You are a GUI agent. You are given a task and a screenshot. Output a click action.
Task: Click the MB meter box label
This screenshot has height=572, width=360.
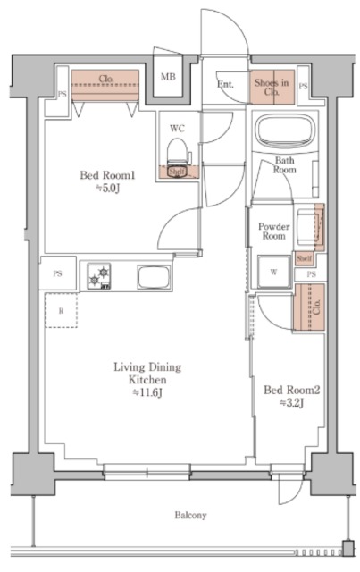(168, 77)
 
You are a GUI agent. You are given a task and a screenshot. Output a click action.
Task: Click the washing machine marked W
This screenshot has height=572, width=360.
(274, 272)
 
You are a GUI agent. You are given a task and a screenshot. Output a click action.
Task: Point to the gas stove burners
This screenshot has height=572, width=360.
(99, 276)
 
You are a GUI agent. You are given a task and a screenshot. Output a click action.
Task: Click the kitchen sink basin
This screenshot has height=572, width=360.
(154, 277)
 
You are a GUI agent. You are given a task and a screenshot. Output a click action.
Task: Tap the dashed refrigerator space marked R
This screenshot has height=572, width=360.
(61, 310)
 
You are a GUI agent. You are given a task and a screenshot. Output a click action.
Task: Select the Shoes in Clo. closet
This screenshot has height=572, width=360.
(272, 87)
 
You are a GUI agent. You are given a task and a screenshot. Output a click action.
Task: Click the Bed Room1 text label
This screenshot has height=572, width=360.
(107, 175)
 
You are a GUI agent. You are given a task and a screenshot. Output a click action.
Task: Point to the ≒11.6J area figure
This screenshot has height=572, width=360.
(147, 393)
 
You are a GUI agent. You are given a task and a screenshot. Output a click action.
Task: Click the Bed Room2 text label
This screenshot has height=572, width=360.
(292, 391)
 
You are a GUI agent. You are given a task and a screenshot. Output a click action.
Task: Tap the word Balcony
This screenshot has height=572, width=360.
(190, 515)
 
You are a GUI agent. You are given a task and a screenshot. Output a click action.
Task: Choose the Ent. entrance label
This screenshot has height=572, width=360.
(225, 84)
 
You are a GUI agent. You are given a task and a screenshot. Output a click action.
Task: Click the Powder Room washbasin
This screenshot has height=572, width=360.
(308, 226)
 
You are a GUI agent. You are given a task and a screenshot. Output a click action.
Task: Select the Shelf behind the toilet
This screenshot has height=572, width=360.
(178, 172)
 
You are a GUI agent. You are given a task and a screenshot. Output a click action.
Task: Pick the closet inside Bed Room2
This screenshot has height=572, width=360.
(310, 307)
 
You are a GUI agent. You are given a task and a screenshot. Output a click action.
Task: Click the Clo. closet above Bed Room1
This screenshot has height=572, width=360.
(105, 85)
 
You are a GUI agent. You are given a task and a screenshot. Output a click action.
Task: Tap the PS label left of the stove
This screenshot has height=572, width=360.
(57, 273)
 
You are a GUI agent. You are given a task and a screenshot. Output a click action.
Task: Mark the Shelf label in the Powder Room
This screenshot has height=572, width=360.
(304, 258)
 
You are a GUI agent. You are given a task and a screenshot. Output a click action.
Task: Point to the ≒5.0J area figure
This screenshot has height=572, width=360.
(108, 189)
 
